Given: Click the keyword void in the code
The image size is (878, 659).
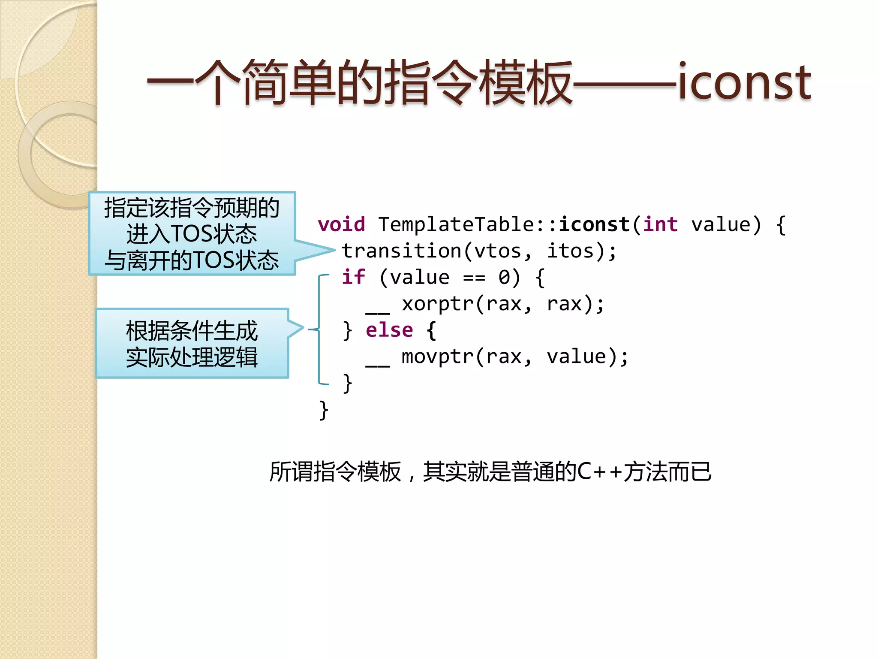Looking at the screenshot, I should tap(341, 224).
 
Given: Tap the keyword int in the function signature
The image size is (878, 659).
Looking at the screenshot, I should tap(660, 224).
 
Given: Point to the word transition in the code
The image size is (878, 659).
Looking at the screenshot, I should tap(402, 251).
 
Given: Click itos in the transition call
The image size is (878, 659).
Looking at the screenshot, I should tap(570, 251).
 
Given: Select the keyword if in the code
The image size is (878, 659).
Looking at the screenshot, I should tap(353, 277).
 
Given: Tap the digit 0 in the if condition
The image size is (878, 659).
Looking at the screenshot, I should tap(504, 278).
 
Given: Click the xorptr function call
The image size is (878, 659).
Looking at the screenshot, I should tap(437, 304).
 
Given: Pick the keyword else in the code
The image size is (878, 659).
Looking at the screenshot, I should tap(389, 330).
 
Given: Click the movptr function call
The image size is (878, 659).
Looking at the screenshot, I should tap(437, 357).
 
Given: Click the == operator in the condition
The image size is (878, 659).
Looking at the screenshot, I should tap(474, 278).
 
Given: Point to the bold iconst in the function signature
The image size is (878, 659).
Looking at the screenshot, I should tap(594, 224).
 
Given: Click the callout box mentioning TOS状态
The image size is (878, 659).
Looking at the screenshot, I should tap(192, 233).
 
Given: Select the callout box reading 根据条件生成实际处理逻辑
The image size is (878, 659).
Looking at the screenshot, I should tap(192, 343).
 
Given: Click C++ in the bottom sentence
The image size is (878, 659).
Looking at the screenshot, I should tap(599, 472).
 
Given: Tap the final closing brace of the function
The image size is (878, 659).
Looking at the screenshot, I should tap(324, 410).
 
